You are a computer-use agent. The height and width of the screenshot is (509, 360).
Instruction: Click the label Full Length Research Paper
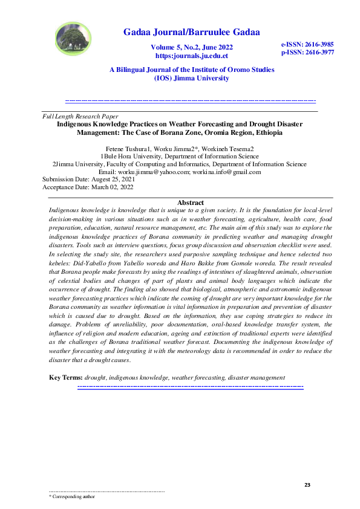pos(80,116)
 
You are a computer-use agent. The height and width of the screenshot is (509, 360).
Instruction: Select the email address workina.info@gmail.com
pos(226,172)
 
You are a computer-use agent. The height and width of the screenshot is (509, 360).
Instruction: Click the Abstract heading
pos(191,203)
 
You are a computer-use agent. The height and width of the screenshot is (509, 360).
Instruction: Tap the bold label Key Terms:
pos(65,378)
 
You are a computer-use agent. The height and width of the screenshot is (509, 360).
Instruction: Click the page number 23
pos(307,485)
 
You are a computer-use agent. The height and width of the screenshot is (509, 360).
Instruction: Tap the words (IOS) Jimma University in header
pos(191,78)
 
